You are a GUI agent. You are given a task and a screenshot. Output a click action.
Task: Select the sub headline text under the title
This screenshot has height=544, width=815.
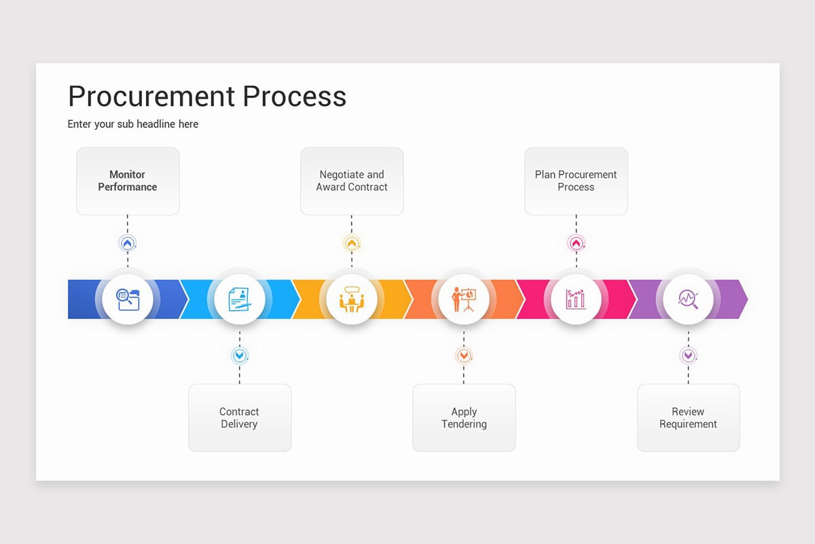pos(133,124)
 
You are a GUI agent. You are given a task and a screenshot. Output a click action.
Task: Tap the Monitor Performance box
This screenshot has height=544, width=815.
pos(128,181)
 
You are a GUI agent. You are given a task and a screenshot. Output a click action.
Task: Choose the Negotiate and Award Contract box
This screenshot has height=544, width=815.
pos(352,181)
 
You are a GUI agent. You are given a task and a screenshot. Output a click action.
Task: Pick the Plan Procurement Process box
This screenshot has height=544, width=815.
pos(576,181)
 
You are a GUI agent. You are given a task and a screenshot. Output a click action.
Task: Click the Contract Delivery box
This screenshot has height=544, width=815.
pos(240,418)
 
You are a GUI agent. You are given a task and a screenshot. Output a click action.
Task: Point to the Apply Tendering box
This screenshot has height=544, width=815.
pos(464,418)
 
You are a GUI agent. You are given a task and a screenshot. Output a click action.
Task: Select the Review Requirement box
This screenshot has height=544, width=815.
pos(688,418)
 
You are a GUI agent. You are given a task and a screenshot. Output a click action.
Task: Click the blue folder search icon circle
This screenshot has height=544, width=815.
pos(128,299)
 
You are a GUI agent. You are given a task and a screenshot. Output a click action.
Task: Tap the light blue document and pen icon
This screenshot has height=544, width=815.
pos(240,299)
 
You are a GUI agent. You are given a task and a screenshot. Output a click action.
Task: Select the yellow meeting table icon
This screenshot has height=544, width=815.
pos(352,299)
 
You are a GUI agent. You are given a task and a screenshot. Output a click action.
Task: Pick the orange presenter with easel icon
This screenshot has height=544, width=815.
pos(464,299)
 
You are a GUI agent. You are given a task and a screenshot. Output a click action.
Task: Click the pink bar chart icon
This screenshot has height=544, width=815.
pos(576,299)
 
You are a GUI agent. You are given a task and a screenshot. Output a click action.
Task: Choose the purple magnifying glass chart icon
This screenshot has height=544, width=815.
pos(688,299)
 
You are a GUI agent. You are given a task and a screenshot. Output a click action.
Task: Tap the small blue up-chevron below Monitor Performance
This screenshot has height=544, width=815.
pos(128,243)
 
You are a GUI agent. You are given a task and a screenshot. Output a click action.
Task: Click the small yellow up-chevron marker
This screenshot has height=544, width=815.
pos(352,243)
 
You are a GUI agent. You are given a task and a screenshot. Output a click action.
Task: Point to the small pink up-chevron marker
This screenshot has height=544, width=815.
pos(576,243)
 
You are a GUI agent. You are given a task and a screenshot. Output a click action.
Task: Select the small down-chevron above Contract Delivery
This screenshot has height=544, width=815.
pos(240,356)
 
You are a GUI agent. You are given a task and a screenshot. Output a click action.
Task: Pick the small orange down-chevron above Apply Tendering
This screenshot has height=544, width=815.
pos(464,356)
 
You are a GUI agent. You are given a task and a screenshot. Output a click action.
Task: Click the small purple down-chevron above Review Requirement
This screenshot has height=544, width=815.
pos(688,356)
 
